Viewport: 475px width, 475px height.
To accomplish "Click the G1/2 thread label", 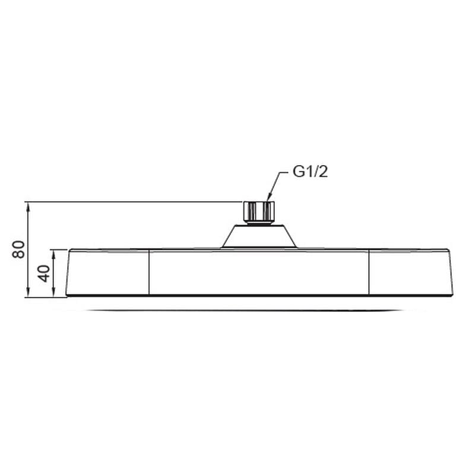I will click(310, 172).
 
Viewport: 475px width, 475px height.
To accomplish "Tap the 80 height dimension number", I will click(19, 249).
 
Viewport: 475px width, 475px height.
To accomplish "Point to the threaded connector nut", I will click(258, 212).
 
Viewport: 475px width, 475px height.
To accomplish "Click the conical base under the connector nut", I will click(258, 236).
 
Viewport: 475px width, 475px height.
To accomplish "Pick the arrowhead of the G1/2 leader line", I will click(268, 199).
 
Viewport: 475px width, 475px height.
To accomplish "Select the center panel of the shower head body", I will click(258, 273).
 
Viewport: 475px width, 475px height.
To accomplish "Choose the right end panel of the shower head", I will click(410, 273).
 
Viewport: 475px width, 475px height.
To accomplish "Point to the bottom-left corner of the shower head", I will click(66, 294).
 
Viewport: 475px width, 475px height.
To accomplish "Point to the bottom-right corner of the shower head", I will click(452, 294).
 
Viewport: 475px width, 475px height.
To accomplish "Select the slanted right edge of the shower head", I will click(451, 273).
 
